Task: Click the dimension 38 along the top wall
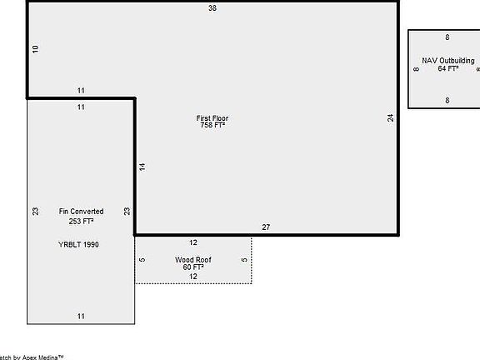212,8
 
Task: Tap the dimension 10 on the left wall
36,50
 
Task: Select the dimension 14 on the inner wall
142,167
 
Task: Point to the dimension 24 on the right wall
390,118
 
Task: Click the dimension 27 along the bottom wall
266,227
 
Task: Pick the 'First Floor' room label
212,118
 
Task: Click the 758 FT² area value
212,126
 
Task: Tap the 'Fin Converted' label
81,212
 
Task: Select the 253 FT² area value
81,222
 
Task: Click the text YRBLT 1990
79,244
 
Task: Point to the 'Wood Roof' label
192,260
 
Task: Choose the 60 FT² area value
192,267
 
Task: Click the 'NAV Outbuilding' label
447,61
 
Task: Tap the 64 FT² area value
447,69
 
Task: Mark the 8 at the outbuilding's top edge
447,37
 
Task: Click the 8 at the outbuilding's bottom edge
447,101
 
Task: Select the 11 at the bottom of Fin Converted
81,316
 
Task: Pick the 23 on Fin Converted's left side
36,212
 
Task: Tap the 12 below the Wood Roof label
192,277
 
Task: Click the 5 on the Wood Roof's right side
244,260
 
